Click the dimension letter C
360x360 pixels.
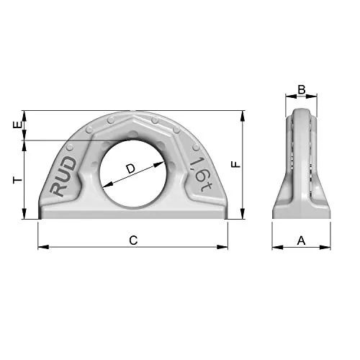(x=133, y=240)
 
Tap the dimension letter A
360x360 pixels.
(x=301, y=240)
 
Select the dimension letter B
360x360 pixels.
(x=302, y=90)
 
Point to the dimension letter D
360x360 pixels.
(x=131, y=168)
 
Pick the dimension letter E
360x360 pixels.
(x=18, y=125)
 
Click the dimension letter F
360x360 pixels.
(x=235, y=164)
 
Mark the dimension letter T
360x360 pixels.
(x=18, y=180)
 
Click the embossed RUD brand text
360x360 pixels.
(x=63, y=176)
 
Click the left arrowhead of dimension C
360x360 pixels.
(x=43, y=247)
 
